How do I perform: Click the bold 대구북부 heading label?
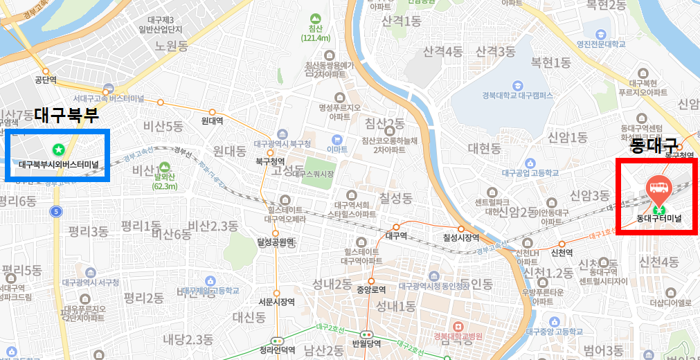click(x=66, y=115)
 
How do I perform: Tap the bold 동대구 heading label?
click(x=653, y=145)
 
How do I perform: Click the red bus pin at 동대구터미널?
click(x=657, y=186)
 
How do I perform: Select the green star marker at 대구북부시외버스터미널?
click(x=59, y=148)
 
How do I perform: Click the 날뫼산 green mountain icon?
click(x=164, y=167)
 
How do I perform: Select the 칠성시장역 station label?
click(x=461, y=237)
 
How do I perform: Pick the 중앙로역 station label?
click(x=370, y=290)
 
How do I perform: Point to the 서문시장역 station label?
click(x=276, y=301)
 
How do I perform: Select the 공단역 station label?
click(x=46, y=80)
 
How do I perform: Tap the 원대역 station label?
click(x=212, y=120)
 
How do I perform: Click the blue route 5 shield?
click(x=56, y=210)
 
